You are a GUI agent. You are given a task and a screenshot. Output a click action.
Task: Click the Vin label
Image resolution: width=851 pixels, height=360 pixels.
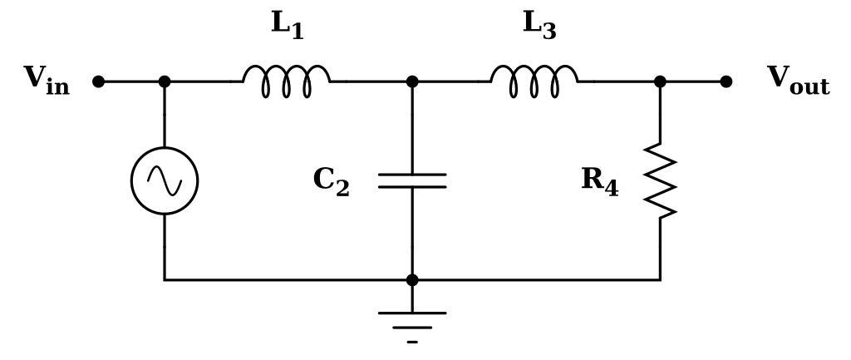coord(47,81)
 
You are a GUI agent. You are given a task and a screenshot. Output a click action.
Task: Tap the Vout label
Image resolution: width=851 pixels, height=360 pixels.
coord(798,81)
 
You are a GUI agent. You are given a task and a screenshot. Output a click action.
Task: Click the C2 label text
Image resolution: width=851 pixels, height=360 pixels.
coord(331,181)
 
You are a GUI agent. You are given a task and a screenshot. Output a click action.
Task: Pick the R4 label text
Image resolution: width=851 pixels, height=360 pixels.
coord(599,181)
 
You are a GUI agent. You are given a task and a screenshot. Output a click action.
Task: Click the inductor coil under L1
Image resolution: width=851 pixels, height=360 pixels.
coord(287,81)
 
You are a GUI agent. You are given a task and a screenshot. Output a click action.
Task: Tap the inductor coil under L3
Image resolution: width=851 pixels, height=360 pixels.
coord(534,81)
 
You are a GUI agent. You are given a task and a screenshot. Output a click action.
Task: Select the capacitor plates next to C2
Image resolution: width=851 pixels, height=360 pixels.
coord(412,180)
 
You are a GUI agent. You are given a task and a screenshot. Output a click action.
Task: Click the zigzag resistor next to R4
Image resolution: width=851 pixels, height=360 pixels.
coord(661,180)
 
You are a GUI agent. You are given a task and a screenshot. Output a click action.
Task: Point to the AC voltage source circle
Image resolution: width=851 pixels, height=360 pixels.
coord(165,180)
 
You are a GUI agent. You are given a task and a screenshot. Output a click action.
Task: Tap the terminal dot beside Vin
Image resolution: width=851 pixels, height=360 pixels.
coord(98,81)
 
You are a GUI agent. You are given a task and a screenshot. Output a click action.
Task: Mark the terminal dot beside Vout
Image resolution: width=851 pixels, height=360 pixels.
coord(726,81)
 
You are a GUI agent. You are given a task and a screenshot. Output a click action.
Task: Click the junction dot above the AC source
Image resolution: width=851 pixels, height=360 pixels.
coord(165,81)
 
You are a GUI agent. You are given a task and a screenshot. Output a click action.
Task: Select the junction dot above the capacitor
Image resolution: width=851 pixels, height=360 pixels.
coord(412,81)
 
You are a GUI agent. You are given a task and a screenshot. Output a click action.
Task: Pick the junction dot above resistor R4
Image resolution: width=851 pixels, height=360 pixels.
coord(661,81)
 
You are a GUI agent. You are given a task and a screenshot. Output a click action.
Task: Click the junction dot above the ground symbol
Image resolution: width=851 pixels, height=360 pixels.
coord(412,280)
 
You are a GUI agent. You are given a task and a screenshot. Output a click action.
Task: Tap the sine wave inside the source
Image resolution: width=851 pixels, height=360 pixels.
coord(165,180)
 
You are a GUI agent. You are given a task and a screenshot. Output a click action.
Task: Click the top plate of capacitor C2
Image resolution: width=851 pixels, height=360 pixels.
coord(412,175)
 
